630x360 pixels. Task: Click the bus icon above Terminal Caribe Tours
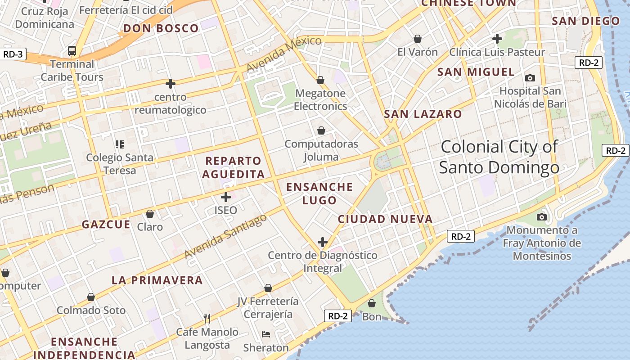pyautogui.click(x=72, y=50)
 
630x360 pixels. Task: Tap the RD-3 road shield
pyautogui.click(x=13, y=54)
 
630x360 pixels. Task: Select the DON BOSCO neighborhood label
pyautogui.click(x=161, y=28)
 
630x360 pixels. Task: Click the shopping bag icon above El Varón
pyautogui.click(x=418, y=39)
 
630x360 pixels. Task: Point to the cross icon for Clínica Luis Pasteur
pyautogui.click(x=497, y=39)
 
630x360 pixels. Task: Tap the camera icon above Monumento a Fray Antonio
pyautogui.click(x=542, y=217)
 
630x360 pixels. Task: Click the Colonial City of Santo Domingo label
pyautogui.click(x=499, y=157)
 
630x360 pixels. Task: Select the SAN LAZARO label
pyautogui.click(x=423, y=114)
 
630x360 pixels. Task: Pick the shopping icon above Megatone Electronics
pyautogui.click(x=320, y=80)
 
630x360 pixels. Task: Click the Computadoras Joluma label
pyautogui.click(x=321, y=150)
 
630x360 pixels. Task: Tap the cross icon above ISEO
pyautogui.click(x=226, y=197)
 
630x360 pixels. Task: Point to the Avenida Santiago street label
pyautogui.click(x=226, y=236)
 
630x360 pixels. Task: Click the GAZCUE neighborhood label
pyautogui.click(x=106, y=225)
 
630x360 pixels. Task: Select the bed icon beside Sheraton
pyautogui.click(x=266, y=334)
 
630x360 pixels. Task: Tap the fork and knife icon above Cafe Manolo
pyautogui.click(x=207, y=319)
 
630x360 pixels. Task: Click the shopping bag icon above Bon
pyautogui.click(x=372, y=303)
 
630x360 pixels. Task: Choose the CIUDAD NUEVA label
pyautogui.click(x=385, y=219)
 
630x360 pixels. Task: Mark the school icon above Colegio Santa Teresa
pyautogui.click(x=120, y=144)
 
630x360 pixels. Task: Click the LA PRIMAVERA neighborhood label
pyautogui.click(x=157, y=280)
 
